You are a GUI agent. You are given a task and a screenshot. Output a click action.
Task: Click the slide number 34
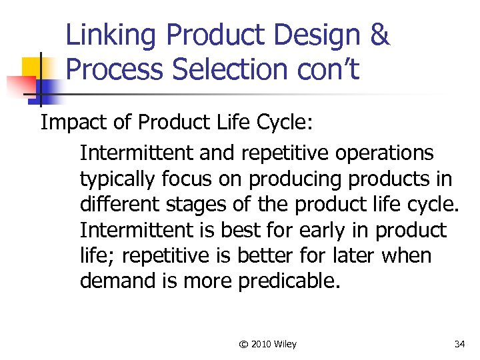point(459,344)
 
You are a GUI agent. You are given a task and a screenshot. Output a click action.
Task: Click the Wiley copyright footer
point(268,344)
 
